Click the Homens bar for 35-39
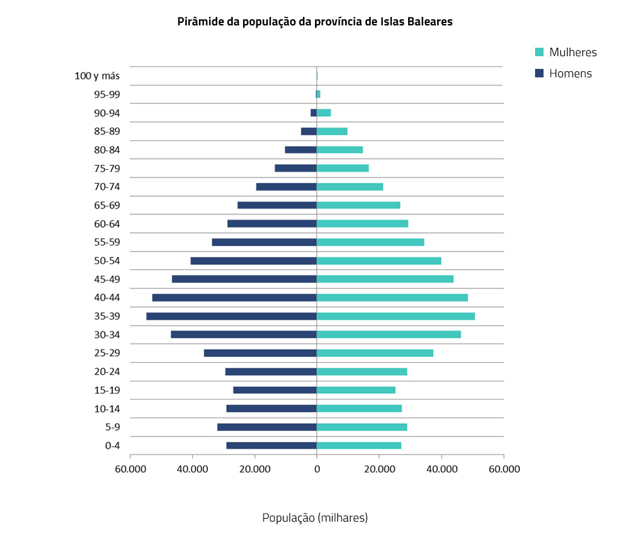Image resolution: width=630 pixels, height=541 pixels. click(232, 316)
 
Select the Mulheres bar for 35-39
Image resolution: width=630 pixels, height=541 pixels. click(395, 316)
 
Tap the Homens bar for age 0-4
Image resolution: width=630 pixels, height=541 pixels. click(271, 445)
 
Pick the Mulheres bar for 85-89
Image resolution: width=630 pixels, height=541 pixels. click(332, 131)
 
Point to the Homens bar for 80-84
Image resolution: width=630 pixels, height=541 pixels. click(300, 150)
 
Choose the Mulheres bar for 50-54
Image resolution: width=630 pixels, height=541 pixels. click(379, 261)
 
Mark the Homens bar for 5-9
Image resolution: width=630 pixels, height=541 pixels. click(267, 427)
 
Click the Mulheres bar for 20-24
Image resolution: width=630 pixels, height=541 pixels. click(362, 372)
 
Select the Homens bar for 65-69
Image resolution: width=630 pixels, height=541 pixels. click(277, 206)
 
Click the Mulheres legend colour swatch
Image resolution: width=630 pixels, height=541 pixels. click(540, 52)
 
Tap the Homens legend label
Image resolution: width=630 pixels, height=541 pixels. click(570, 74)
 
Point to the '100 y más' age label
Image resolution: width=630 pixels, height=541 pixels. click(97, 76)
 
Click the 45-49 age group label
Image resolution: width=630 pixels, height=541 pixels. click(107, 279)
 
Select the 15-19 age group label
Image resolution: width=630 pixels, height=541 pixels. click(107, 390)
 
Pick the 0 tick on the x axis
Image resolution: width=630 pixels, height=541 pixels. click(317, 469)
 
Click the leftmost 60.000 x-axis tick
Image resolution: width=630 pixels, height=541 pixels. click(131, 469)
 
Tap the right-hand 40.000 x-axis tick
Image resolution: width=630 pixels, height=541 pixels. click(441, 469)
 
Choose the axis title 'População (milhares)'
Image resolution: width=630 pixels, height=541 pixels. click(315, 518)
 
